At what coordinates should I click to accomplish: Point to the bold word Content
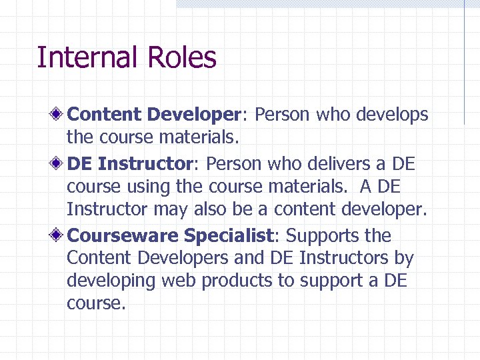(105, 115)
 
